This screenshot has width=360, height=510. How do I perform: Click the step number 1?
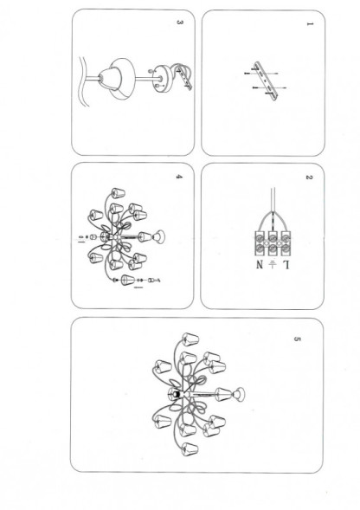pos(309,24)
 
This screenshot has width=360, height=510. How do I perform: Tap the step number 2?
pos(309,178)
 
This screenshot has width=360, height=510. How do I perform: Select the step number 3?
pos(179,23)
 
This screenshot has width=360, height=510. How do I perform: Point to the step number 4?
pos(179,177)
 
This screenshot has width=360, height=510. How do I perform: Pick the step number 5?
pos(297,339)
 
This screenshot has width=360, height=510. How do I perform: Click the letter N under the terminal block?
pos(259,265)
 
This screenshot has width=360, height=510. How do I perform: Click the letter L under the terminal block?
pos(286,265)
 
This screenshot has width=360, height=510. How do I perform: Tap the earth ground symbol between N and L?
pos(273,265)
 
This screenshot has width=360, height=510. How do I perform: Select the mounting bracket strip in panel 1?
pos(267,82)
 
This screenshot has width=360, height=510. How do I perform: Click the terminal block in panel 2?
pos(273,243)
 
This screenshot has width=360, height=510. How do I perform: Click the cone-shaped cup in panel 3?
pos(110,79)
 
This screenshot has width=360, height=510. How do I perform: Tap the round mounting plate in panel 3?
pos(163,79)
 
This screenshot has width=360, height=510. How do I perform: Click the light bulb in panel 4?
pos(159,236)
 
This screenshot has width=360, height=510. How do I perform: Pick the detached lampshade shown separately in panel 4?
pos(128,280)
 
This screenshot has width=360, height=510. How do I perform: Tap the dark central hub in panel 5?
pos(176,394)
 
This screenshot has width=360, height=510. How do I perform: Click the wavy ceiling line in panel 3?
pos(84,82)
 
